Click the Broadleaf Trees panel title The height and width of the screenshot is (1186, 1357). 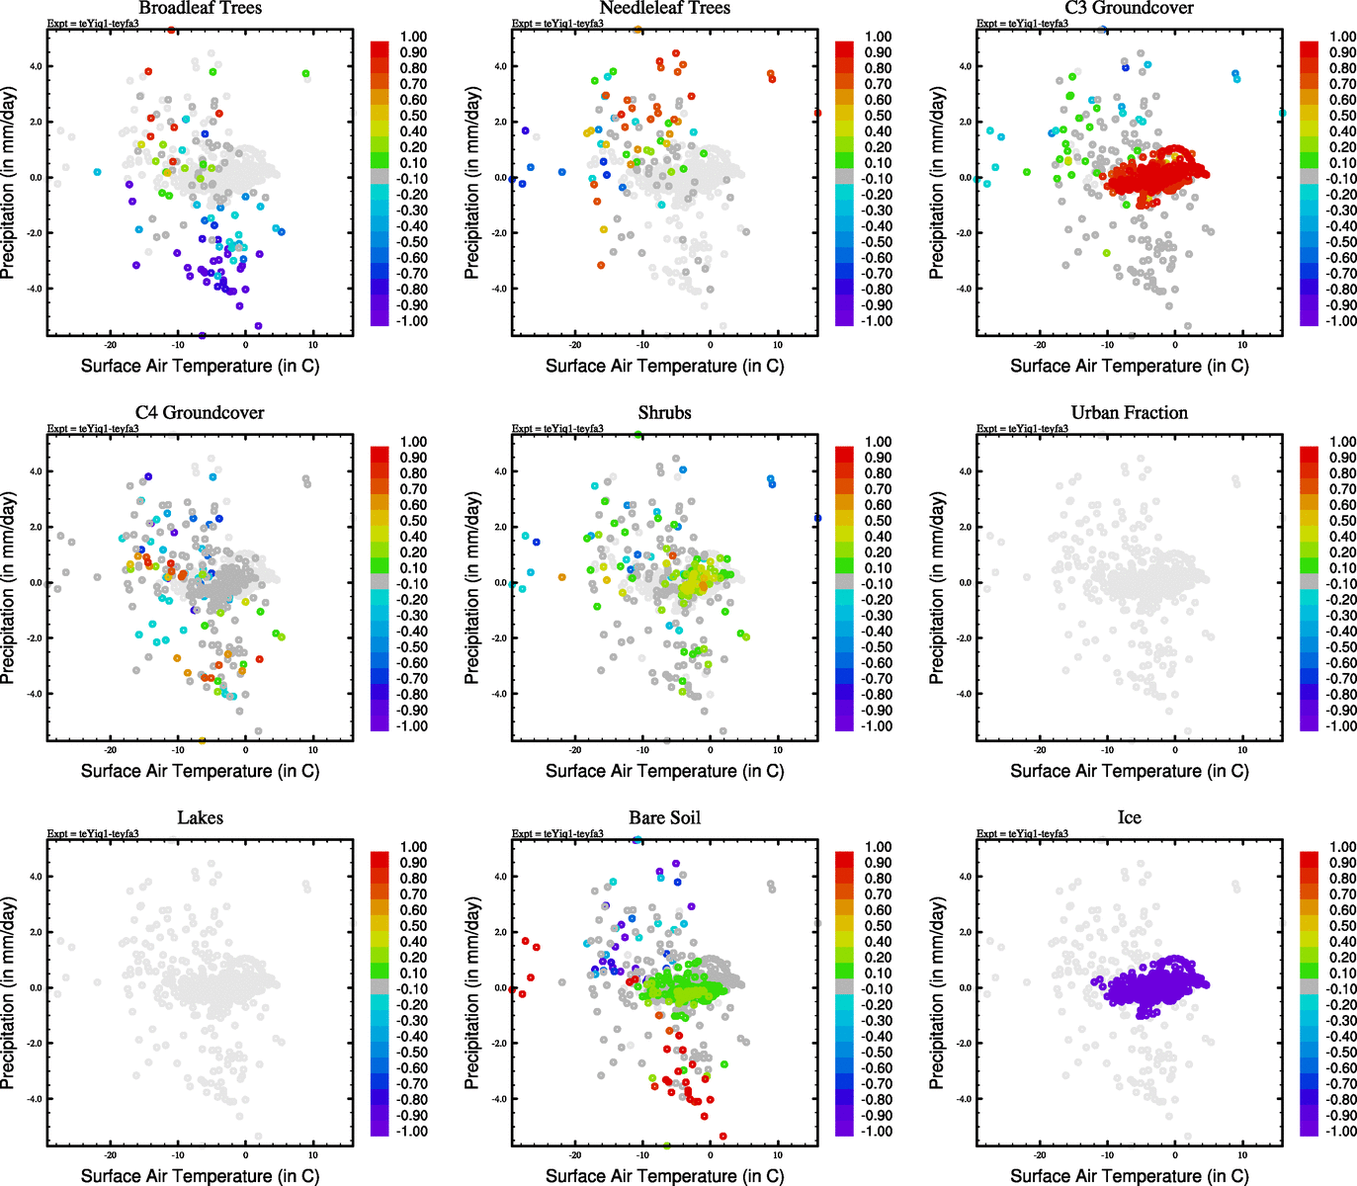200,8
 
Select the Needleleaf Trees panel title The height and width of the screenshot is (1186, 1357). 664,8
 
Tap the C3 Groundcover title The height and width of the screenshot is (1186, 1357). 1129,8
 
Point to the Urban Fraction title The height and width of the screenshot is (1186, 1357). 1129,413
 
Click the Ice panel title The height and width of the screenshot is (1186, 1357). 1129,818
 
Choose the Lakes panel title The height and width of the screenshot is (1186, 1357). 200,818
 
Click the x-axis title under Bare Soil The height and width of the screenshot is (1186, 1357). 664,1176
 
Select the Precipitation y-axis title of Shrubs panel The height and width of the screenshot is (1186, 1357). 472,588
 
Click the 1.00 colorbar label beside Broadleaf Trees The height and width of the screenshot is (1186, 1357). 414,37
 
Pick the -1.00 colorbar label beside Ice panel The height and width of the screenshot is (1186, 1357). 1341,1132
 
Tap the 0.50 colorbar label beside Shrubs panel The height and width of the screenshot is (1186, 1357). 879,521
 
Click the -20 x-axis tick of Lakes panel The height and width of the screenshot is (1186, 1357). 111,1154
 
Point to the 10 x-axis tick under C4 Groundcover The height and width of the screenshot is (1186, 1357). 313,749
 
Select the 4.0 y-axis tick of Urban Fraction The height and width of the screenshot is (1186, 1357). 965,471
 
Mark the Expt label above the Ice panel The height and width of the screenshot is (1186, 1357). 1022,834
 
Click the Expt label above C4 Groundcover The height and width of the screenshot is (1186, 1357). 93,429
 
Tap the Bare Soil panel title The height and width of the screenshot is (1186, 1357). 664,818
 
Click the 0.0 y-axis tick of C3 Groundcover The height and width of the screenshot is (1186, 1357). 965,178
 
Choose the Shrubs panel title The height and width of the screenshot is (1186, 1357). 664,413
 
